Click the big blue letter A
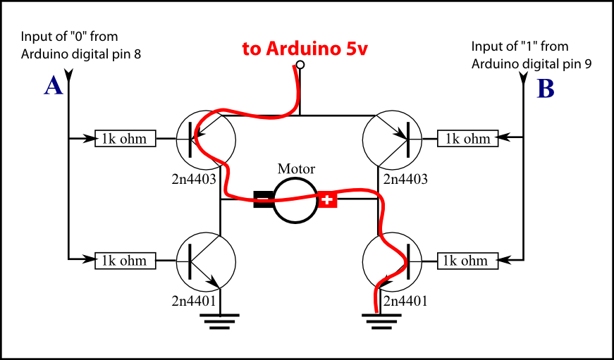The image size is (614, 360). pos(54,86)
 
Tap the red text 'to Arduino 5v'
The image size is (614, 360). pos(305,49)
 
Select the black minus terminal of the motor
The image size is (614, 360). pos(264,200)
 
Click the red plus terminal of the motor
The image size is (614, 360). pos(326,200)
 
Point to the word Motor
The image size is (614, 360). pos(296,169)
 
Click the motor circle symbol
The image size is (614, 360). pos(295,200)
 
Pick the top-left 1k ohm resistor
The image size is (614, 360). pos(125,139)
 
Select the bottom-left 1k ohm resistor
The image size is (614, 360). pos(125,261)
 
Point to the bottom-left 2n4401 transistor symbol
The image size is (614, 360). pos(205,261)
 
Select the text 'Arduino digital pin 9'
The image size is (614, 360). pos(532,63)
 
